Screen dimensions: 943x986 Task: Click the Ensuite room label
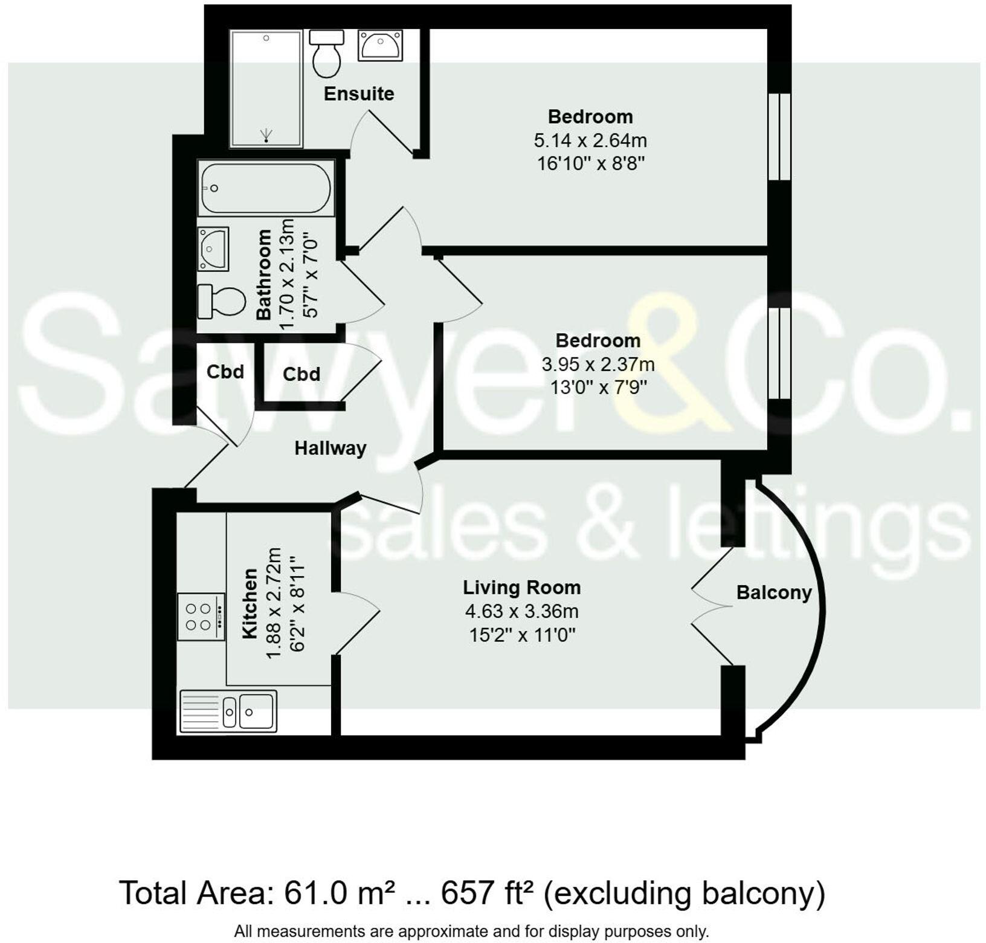pos(359,94)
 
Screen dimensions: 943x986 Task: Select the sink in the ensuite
pos(379,45)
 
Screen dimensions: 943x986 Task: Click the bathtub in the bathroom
pos(266,188)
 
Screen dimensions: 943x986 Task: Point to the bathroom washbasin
pos(213,248)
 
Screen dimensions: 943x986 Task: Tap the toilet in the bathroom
pos(222,301)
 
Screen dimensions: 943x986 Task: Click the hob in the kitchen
pos(201,617)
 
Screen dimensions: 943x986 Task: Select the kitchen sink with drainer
pos(228,711)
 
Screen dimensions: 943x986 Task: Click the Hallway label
pos(330,448)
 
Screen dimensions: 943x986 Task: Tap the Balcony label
pos(773,592)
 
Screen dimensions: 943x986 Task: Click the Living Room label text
pos(521,588)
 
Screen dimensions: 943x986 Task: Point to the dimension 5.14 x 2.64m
pos(590,141)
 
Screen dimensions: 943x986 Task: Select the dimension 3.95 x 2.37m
pos(598,365)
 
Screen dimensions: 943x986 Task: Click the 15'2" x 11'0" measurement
pos(521,635)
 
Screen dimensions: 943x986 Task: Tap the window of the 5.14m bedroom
pos(779,137)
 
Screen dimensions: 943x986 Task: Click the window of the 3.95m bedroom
pos(779,354)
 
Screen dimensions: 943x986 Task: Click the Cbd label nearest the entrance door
pos(225,372)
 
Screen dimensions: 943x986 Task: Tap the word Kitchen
pos(250,603)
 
